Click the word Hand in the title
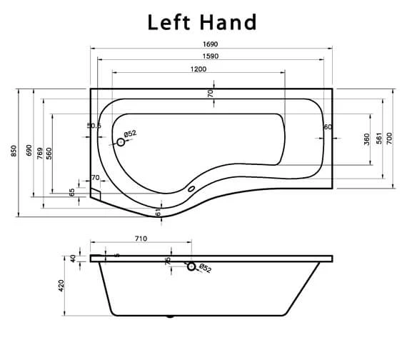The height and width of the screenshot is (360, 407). pyautogui.click(x=230, y=22)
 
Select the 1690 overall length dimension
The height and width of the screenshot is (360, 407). pyautogui.click(x=209, y=44)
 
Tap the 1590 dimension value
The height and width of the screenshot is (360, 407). pyautogui.click(x=209, y=56)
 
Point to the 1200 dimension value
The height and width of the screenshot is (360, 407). pyautogui.click(x=198, y=69)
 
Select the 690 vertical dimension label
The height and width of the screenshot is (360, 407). pyautogui.click(x=29, y=151)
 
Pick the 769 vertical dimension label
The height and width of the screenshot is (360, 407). pyautogui.click(x=39, y=151)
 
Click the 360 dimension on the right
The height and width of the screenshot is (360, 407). pyautogui.click(x=367, y=139)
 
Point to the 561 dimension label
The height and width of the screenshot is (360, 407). pyautogui.click(x=379, y=139)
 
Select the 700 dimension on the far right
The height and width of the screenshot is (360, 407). pyautogui.click(x=390, y=139)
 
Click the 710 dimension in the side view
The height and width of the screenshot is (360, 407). pyautogui.click(x=140, y=239)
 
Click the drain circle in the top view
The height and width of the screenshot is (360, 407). pyautogui.click(x=121, y=142)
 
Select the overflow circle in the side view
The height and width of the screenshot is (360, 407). pyautogui.click(x=191, y=266)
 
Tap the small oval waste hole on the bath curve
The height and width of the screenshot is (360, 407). pyautogui.click(x=191, y=189)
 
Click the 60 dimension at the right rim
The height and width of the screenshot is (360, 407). pyautogui.click(x=328, y=126)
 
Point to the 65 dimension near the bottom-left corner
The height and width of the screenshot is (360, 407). pyautogui.click(x=72, y=191)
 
